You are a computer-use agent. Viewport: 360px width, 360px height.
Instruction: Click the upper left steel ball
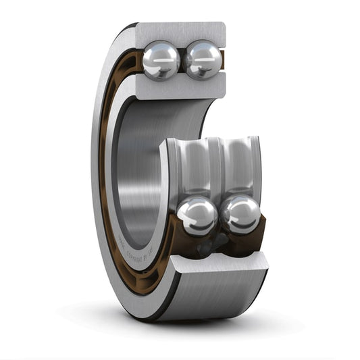tap(161, 60)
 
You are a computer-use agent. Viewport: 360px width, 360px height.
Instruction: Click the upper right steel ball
tap(203, 59)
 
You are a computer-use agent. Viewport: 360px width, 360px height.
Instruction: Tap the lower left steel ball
tap(197, 215)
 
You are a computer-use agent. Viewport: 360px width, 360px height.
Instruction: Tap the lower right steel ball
tap(241, 214)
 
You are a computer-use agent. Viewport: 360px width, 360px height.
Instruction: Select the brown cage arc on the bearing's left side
tap(104, 169)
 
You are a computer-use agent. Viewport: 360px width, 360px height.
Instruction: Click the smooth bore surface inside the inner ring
tap(138, 169)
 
